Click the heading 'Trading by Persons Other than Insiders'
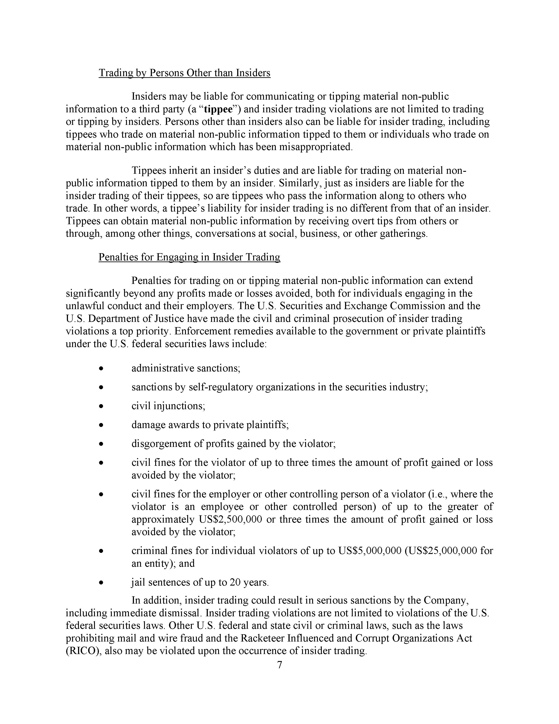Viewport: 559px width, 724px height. point(184,73)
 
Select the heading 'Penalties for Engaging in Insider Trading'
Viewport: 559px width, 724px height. point(189,257)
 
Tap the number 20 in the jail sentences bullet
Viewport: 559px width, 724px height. point(234,582)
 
